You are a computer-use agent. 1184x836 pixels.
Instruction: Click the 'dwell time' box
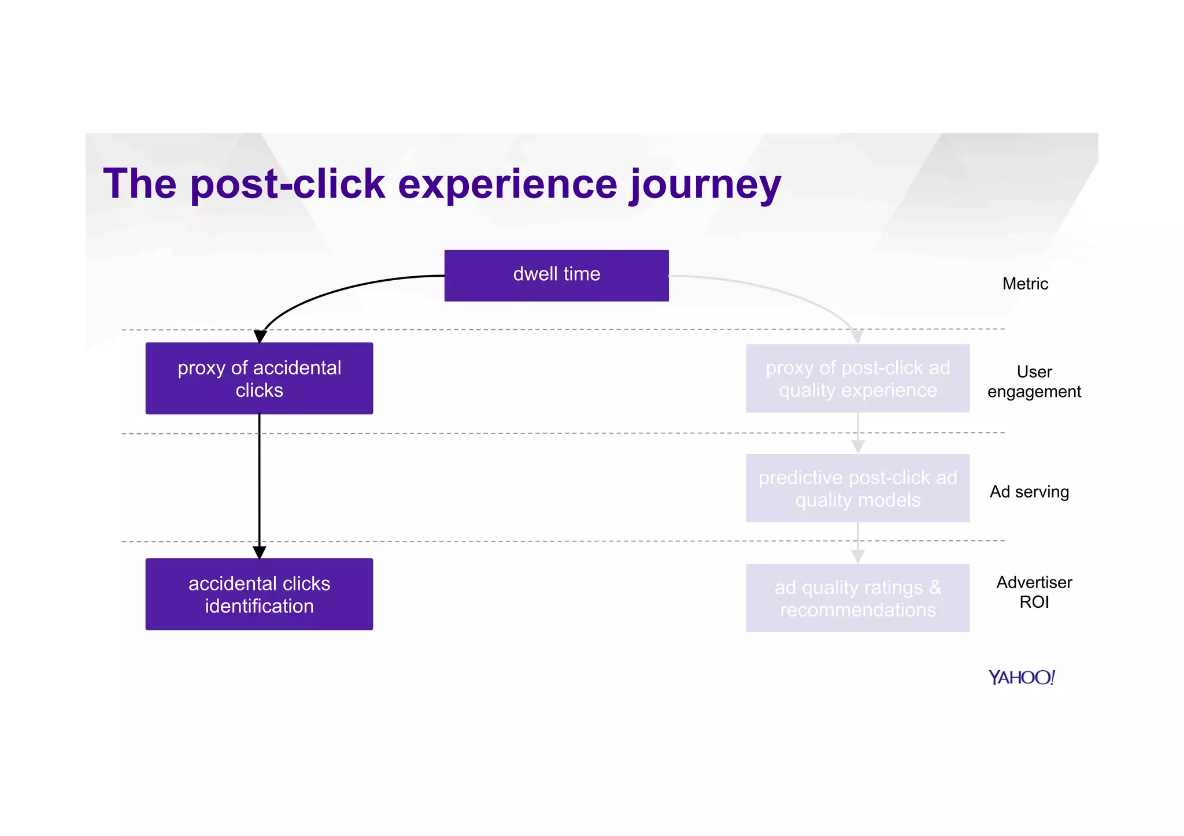click(x=556, y=275)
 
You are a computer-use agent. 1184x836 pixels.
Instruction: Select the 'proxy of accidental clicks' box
click(x=259, y=378)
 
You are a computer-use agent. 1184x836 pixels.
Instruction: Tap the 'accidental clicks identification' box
click(x=259, y=594)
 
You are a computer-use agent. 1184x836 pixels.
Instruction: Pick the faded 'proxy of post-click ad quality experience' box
click(x=857, y=378)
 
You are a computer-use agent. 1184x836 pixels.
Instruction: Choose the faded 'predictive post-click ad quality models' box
click(x=857, y=488)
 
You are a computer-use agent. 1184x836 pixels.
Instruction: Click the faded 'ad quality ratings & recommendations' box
click(x=857, y=598)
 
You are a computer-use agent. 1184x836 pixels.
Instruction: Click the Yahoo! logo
click(x=1022, y=677)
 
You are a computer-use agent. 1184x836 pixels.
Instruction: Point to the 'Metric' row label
click(x=1025, y=284)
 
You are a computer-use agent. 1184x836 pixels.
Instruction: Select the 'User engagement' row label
click(x=1034, y=381)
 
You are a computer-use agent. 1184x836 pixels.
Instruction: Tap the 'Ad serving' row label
click(x=1029, y=492)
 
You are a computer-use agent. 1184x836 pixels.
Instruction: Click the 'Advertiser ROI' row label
click(x=1034, y=592)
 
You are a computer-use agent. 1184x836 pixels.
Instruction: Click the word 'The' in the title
click(x=139, y=184)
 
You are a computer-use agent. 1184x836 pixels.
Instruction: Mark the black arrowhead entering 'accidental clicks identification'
click(x=259, y=552)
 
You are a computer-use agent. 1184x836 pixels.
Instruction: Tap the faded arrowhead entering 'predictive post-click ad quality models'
click(x=858, y=447)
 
